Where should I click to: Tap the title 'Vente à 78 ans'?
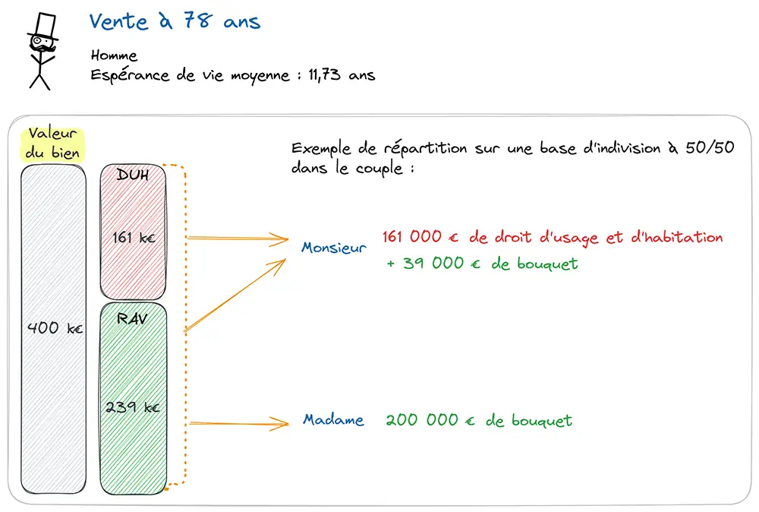175,21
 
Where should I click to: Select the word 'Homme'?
114,55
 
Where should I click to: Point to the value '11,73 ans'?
342,74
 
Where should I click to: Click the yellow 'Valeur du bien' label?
52,144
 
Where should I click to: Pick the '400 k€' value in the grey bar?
55,328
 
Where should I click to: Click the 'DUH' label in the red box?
133,175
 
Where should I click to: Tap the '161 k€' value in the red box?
134,237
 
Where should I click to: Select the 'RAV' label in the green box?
132,318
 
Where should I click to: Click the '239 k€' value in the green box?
133,406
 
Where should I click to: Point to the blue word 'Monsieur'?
334,248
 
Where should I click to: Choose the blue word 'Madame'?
333,419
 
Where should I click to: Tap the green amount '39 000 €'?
442,263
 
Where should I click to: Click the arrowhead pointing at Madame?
280,424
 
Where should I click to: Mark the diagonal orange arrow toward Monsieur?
235,296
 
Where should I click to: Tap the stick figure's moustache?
43,49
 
